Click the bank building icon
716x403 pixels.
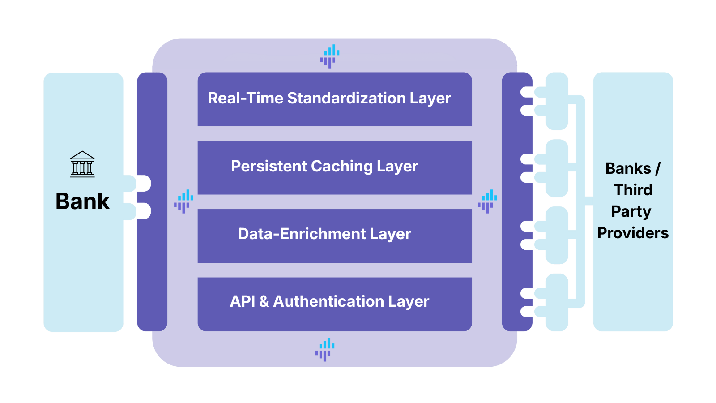82,164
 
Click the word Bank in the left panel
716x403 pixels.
82,201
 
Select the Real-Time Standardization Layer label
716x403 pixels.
329,99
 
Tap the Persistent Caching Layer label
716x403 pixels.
324,167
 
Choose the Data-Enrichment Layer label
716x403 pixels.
324,234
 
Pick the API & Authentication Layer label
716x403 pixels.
329,302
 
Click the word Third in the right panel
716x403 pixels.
633,190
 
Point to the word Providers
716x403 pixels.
633,233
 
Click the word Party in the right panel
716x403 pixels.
631,211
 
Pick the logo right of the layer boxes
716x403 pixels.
488,201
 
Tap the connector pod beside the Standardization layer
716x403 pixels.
557,101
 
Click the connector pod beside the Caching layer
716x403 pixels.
557,168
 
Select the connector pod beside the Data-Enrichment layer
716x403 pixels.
557,236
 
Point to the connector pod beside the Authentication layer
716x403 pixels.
557,303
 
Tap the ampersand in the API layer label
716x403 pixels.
264,302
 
